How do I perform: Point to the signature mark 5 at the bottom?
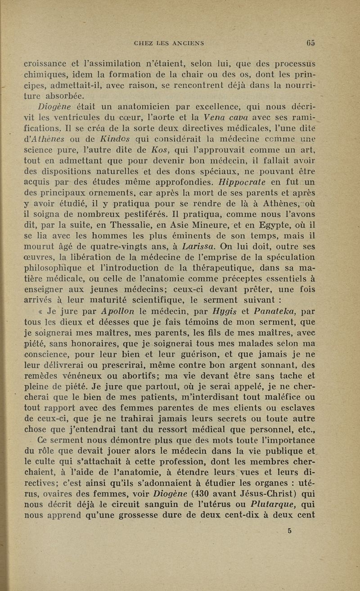point(290,530)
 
